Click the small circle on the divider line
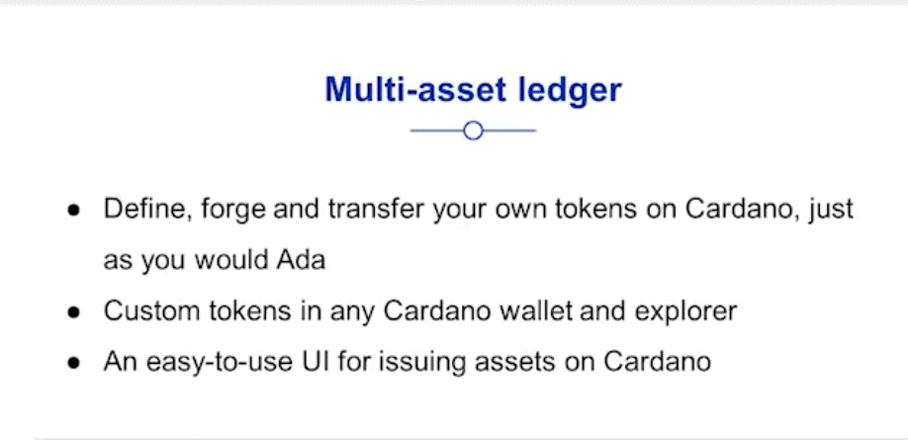pos(473,131)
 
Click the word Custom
pos(147,311)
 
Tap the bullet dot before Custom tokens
pos(73,313)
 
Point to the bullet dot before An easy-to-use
pos(73,364)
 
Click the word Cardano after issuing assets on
pos(657,363)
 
